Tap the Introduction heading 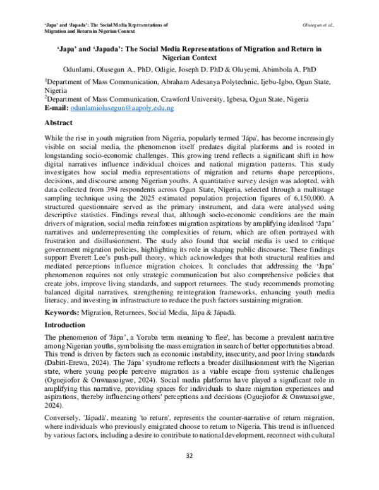(66, 324)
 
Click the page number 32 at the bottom (189, 471)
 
